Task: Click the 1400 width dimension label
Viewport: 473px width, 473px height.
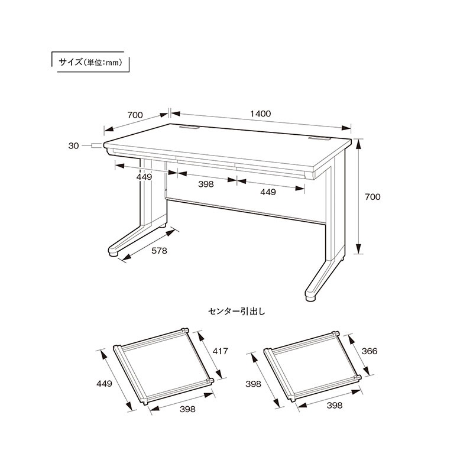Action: coord(261,114)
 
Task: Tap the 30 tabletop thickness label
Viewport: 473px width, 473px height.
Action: coord(73,145)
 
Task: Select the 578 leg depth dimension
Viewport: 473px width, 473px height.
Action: coord(159,251)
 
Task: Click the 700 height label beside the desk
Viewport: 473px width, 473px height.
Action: coord(372,197)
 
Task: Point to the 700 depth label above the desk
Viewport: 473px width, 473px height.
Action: coord(135,115)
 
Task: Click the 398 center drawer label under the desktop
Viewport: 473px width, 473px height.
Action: coord(206,184)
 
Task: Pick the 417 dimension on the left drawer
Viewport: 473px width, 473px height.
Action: coord(220,351)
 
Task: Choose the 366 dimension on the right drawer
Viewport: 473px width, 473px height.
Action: coord(370,351)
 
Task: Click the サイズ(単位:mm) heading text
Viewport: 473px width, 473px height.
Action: coord(90,62)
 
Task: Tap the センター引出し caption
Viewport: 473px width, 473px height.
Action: coord(237,312)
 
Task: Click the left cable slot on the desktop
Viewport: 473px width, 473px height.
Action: coord(189,128)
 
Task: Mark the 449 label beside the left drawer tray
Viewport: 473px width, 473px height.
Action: coord(105,383)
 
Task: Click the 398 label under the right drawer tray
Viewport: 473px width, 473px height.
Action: coord(335,405)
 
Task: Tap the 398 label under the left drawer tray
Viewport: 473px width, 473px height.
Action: coord(187,409)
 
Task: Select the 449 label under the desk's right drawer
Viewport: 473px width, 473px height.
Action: coord(268,192)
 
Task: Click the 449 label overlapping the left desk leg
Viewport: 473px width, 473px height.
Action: coord(144,177)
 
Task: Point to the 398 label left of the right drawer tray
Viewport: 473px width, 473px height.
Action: coord(253,384)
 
